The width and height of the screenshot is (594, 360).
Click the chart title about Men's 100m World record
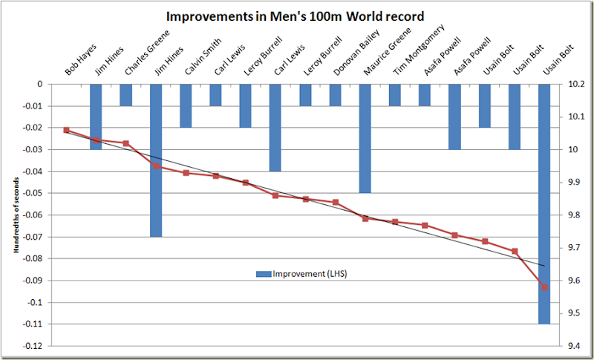click(297, 15)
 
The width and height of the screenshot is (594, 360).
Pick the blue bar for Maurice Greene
click(365, 138)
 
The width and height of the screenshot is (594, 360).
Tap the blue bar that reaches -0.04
click(275, 128)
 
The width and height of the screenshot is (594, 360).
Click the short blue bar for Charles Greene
click(126, 95)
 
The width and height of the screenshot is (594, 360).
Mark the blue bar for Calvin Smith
click(186, 105)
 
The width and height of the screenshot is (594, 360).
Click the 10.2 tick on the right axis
click(574, 85)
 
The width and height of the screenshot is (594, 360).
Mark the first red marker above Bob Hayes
click(66, 130)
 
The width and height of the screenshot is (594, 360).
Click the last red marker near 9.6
click(544, 287)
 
